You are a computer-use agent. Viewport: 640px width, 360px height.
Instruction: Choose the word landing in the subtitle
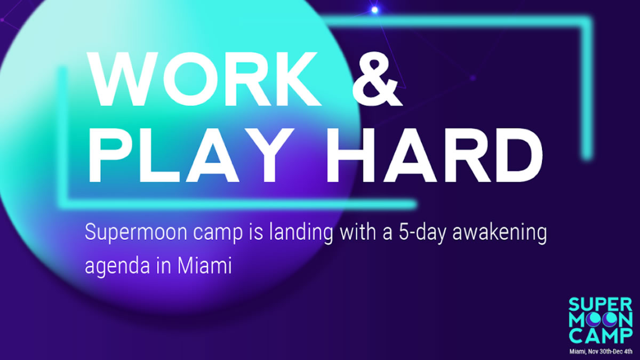301,232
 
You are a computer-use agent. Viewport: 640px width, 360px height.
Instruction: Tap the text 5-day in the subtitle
422,232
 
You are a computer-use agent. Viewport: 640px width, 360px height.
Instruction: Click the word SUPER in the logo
600,305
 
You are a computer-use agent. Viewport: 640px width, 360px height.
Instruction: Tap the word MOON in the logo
600,321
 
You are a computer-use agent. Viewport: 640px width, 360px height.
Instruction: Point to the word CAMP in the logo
600,336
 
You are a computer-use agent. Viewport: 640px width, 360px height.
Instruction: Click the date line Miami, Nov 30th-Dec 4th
601,351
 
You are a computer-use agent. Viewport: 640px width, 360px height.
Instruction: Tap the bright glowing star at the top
374,10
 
